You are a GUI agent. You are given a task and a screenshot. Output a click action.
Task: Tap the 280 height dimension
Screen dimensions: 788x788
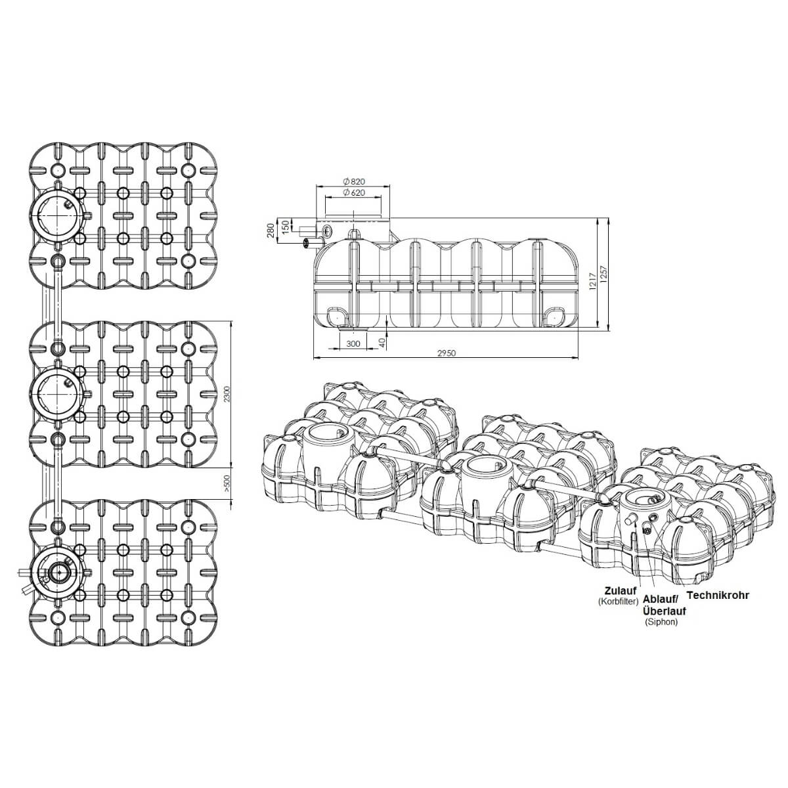(270, 230)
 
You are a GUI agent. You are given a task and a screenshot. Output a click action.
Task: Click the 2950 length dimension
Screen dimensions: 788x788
(446, 353)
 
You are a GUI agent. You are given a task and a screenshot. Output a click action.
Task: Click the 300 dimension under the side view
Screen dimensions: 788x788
(353, 343)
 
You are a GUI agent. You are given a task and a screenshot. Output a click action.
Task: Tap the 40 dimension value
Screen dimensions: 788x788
(382, 342)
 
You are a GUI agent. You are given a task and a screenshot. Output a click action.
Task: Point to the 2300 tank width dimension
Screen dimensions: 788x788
(227, 394)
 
